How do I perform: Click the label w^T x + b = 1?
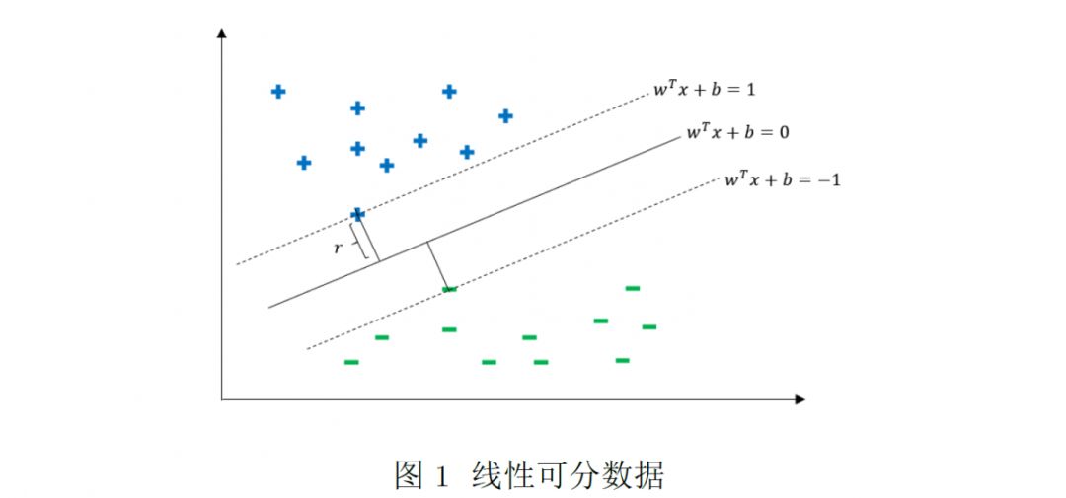click(x=704, y=90)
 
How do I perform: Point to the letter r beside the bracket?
click(x=338, y=249)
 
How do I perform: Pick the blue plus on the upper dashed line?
click(x=357, y=214)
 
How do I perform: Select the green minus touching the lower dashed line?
click(x=450, y=289)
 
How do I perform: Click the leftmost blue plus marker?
click(x=278, y=92)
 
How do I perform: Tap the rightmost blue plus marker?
click(x=505, y=116)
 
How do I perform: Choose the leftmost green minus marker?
click(x=351, y=362)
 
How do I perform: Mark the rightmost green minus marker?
click(x=649, y=326)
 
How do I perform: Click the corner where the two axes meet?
click(x=222, y=399)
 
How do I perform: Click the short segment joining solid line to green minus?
click(x=438, y=265)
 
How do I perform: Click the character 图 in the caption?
click(x=409, y=475)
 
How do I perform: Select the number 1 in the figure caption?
click(x=441, y=476)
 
